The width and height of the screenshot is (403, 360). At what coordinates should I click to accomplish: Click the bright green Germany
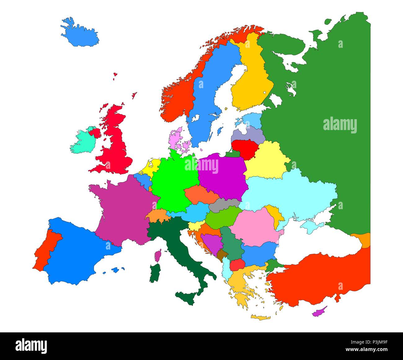point(174,183)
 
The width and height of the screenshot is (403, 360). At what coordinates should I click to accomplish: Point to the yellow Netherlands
point(150,168)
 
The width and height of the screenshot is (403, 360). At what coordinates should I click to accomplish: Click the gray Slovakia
point(224,205)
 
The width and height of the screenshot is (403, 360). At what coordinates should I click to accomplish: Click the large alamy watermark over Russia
point(340,126)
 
